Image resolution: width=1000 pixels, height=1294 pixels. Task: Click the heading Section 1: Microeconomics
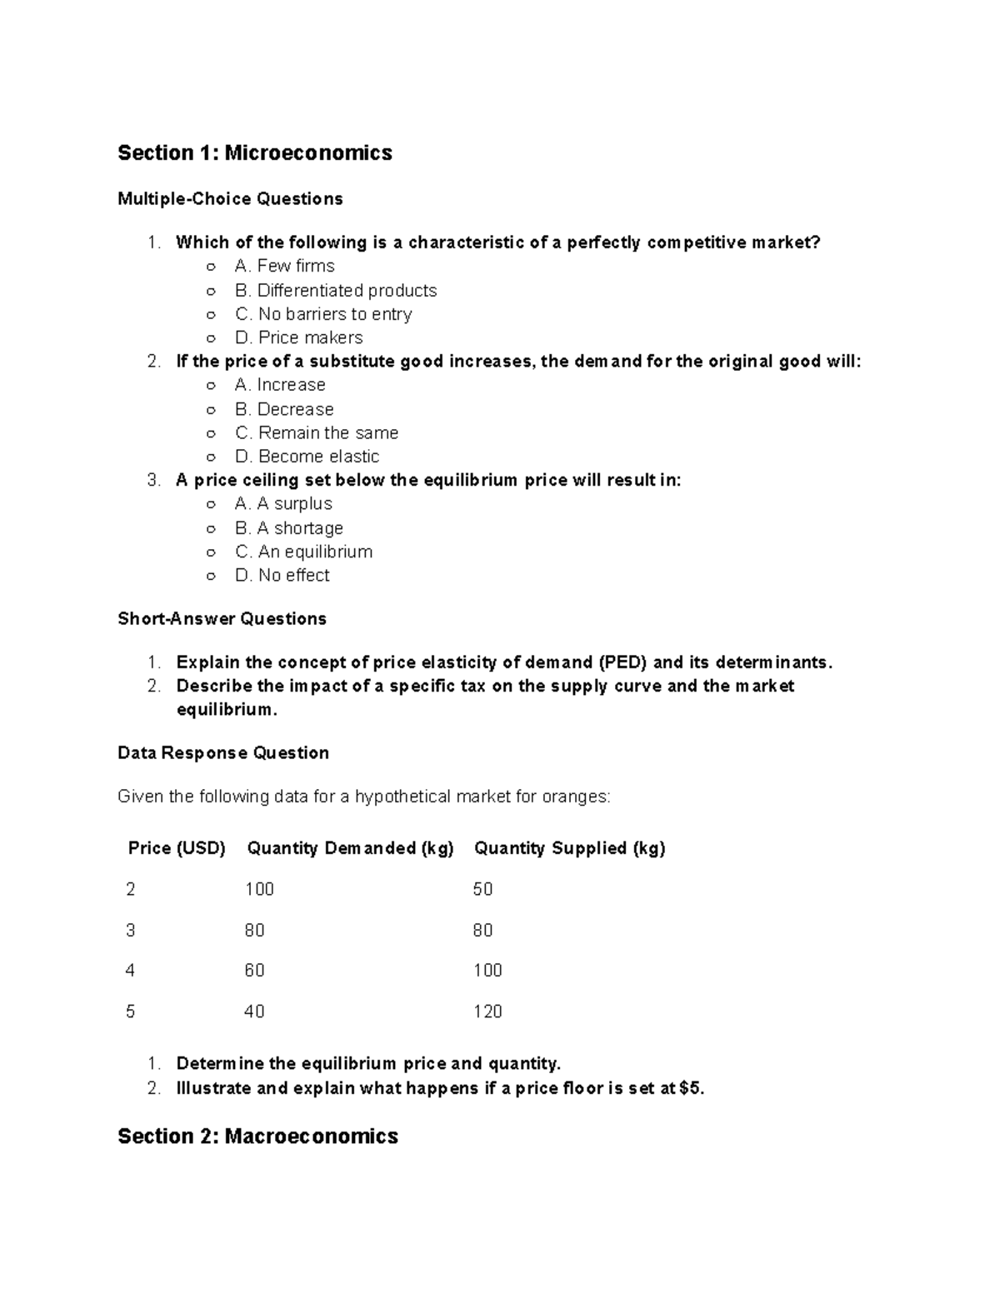click(254, 152)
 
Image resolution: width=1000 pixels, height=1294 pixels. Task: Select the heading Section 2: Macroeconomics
click(257, 1136)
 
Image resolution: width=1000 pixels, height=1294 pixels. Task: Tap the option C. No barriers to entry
click(323, 314)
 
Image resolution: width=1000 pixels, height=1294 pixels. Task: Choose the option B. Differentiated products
click(336, 291)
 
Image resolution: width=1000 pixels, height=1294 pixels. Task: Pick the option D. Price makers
click(299, 337)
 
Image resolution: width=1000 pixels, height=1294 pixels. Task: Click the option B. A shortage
click(289, 528)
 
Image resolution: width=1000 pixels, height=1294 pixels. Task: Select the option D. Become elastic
click(307, 457)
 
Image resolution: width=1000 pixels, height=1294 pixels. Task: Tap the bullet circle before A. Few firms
click(212, 267)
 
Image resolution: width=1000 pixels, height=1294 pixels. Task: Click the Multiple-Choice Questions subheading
click(230, 198)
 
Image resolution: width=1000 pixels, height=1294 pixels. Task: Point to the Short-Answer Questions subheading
click(222, 618)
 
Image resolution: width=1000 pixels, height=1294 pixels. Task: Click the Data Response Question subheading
click(223, 752)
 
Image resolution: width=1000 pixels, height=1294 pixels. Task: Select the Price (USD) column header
click(177, 848)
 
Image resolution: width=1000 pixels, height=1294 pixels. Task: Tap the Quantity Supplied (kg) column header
click(569, 848)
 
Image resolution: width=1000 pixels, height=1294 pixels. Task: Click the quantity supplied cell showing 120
click(487, 1012)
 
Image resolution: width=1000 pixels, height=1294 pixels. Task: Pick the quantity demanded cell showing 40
click(254, 1012)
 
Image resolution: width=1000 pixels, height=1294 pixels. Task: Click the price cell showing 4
click(130, 971)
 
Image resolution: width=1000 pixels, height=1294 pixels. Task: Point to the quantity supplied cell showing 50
click(482, 889)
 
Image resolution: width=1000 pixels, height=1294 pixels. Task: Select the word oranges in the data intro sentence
click(575, 797)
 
